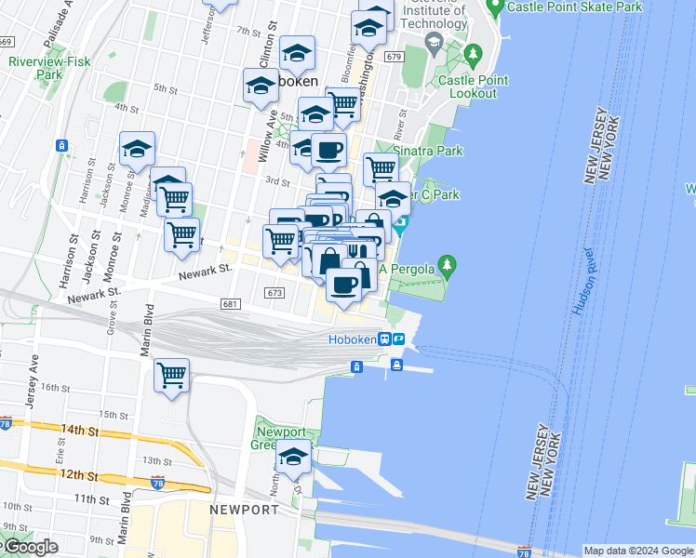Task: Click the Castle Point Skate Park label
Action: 574,7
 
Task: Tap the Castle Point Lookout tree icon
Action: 474,57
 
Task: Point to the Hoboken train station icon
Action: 383,339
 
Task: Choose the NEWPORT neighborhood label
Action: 244,510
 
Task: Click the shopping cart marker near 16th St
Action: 171,376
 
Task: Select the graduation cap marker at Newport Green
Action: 293,457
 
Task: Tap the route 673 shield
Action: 274,292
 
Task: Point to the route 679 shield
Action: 394,57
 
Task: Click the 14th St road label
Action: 81,431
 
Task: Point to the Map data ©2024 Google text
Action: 637,551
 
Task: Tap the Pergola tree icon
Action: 448,268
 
